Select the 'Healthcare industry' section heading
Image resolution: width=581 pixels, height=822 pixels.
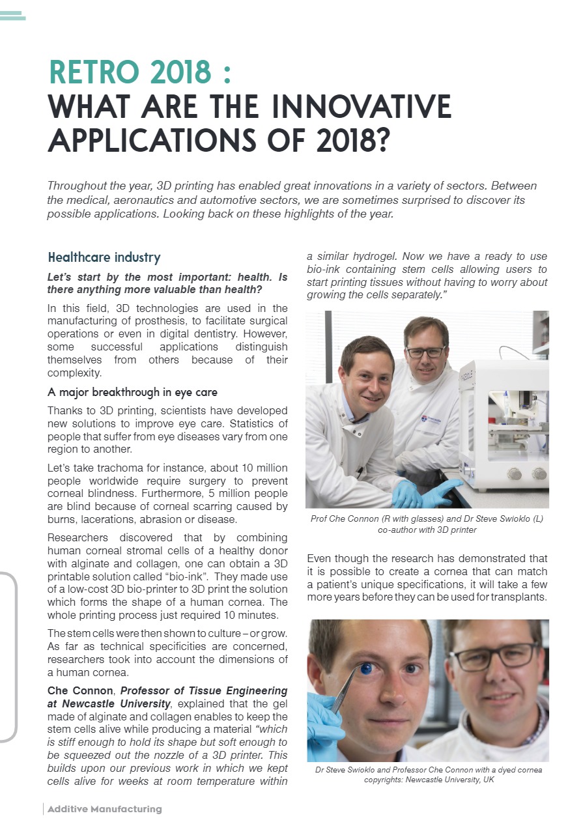pyautogui.click(x=104, y=257)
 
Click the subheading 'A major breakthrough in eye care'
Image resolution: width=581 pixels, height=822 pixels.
pyautogui.click(x=132, y=392)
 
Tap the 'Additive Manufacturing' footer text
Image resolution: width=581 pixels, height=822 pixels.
pyautogui.click(x=104, y=809)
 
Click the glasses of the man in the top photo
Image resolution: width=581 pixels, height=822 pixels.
pyautogui.click(x=425, y=352)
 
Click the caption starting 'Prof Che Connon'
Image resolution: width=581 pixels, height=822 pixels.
pyautogui.click(x=427, y=518)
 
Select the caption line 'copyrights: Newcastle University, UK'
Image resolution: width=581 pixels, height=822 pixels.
pyautogui.click(x=428, y=780)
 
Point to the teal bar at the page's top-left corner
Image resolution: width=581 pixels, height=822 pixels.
pyautogui.click(x=12, y=16)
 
